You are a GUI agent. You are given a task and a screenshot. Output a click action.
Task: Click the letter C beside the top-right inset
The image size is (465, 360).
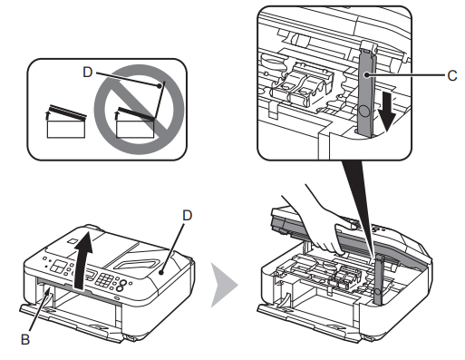click(451, 76)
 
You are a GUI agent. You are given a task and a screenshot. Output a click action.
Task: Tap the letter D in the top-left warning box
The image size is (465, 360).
click(86, 68)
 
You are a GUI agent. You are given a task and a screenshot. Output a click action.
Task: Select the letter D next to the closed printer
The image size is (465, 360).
click(186, 216)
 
